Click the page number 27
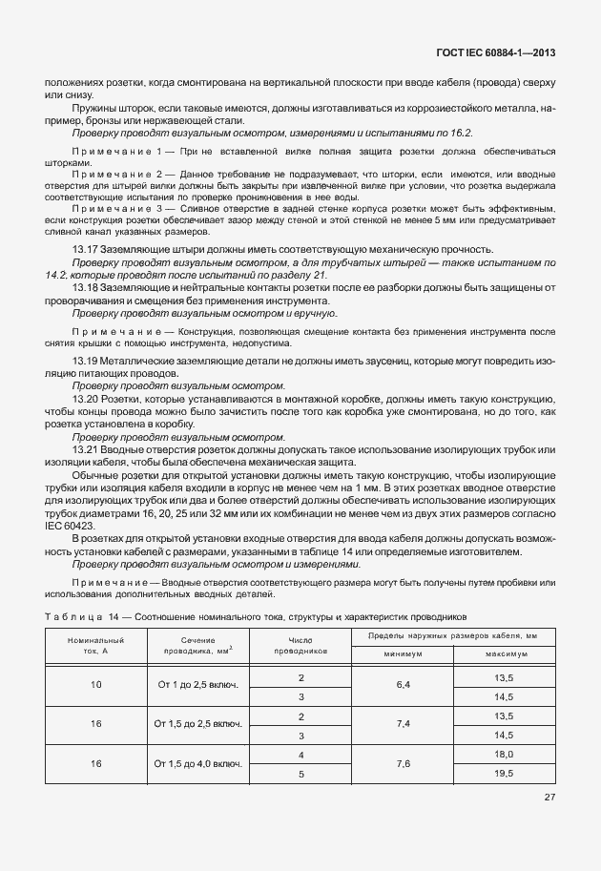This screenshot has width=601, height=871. [550, 798]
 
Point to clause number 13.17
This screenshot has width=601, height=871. [86, 248]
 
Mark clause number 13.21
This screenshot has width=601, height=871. [86, 447]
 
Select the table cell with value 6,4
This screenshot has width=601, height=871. [403, 685]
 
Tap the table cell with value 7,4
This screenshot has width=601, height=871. [403, 724]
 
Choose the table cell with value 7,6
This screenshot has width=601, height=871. [403, 763]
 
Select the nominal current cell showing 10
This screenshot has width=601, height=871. [95, 685]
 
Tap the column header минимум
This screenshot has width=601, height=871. [403, 655]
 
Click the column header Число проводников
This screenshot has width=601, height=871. [300, 644]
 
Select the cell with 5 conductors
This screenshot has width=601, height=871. [300, 774]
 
